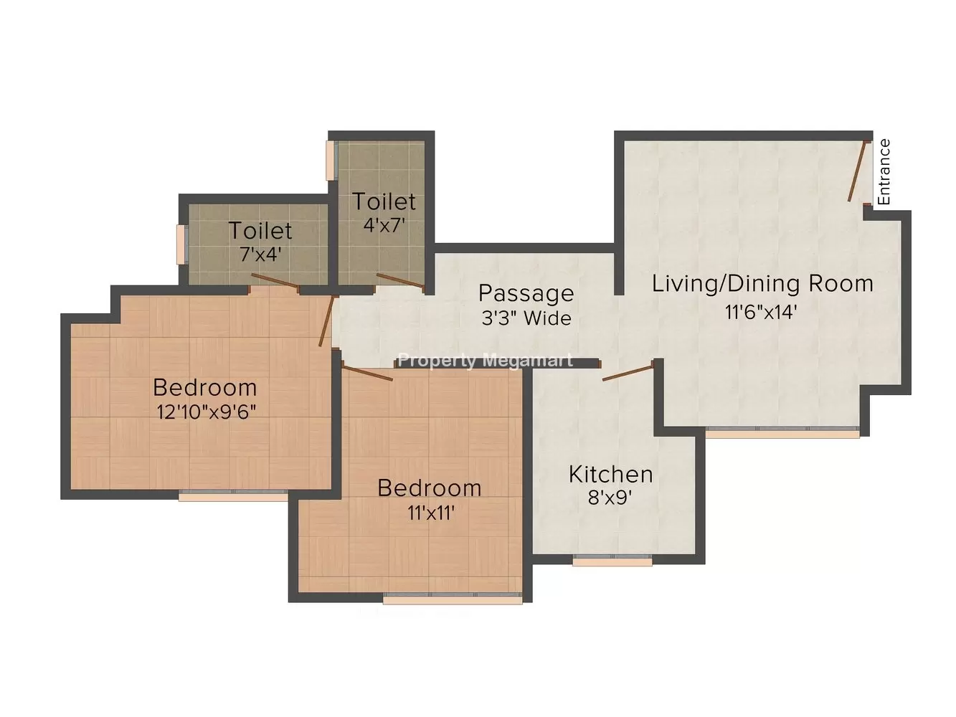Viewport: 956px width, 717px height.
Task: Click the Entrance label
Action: point(884,172)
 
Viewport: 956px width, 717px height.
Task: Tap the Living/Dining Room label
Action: point(762,284)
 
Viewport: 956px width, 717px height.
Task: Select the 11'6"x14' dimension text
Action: point(761,312)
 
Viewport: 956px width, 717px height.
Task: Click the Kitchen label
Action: point(610,475)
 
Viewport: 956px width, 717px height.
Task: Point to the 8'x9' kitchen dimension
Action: point(610,498)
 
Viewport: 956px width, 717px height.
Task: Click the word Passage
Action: point(526,294)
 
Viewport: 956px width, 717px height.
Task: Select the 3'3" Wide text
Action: point(526,318)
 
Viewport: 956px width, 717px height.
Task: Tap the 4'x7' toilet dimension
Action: point(384,225)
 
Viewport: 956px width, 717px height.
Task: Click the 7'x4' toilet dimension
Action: point(260,255)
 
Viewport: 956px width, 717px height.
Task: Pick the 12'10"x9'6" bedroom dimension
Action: point(206,412)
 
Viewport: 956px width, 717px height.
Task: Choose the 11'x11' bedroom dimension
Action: point(431,513)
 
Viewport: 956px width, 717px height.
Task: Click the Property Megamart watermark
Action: point(486,361)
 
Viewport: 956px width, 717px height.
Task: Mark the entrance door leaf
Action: point(857,171)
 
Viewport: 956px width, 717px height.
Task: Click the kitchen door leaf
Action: point(628,373)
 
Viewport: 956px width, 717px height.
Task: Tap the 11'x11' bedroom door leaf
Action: point(368,373)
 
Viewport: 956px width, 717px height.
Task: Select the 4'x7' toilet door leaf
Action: point(399,280)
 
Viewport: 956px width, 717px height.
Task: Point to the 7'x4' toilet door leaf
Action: point(275,281)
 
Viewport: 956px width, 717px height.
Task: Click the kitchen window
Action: point(612,561)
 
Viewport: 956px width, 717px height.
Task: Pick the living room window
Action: point(782,432)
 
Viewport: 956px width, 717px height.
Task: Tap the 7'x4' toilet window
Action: point(182,244)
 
